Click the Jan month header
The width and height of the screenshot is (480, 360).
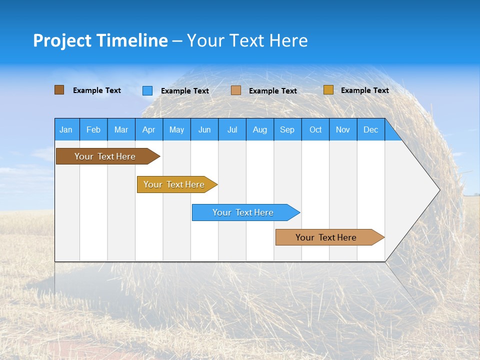[66, 129]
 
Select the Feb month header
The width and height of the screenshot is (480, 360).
[93, 129]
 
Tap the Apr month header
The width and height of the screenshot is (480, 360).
[148, 129]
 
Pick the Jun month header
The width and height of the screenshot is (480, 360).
[204, 129]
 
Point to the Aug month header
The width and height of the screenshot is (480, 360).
[260, 129]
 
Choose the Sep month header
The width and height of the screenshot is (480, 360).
[287, 129]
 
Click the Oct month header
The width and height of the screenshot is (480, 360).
[315, 129]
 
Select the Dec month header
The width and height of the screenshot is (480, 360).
[370, 129]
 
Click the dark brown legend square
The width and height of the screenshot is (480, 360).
[59, 90]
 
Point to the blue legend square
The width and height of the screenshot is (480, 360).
[147, 90]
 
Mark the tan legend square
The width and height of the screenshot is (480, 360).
[236, 90]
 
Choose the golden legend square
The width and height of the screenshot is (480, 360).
[328, 90]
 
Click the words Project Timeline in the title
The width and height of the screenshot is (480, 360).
[100, 40]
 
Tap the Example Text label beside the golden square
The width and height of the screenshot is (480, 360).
[364, 90]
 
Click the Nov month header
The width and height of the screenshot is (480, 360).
[343, 129]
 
